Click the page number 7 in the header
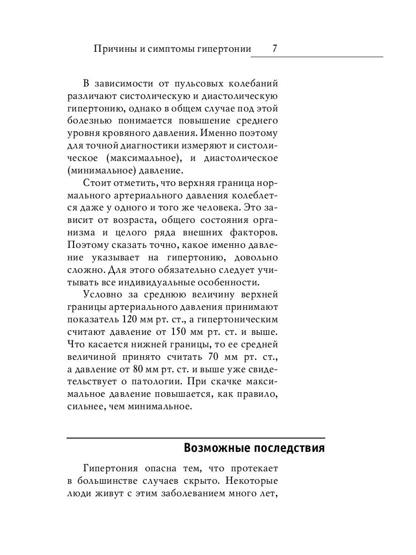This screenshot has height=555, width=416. (275, 49)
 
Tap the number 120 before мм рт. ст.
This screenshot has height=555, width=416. (129, 320)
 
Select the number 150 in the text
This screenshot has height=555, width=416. (179, 332)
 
